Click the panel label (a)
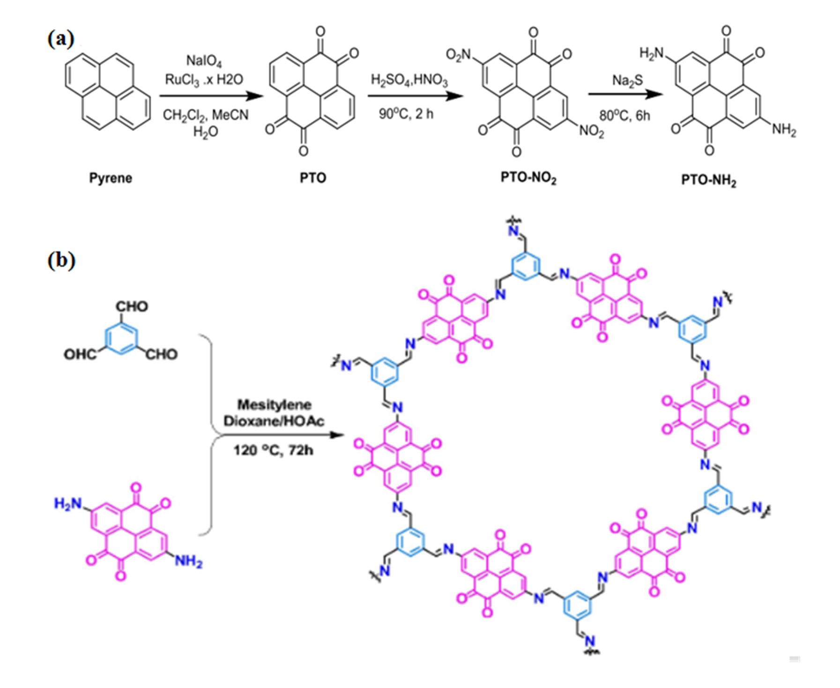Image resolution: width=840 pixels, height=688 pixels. tap(61, 39)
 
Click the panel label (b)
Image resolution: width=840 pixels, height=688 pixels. tap(61, 260)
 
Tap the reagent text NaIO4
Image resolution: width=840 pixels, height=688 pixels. tap(204, 61)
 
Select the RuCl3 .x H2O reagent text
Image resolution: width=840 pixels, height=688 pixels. tap(204, 80)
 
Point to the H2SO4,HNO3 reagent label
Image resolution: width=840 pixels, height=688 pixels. tap(409, 80)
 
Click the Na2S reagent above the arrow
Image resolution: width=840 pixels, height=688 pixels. tap(627, 81)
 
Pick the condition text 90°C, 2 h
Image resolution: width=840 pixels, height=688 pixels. tap(406, 114)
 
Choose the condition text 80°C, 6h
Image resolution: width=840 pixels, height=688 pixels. tap(624, 115)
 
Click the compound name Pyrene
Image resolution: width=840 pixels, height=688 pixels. tap(111, 178)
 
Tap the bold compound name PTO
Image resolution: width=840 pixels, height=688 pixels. tap(312, 178)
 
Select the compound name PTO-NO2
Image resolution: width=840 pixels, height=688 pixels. tap(528, 178)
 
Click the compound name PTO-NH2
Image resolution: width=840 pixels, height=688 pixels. tap(708, 180)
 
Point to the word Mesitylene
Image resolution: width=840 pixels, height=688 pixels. tap(274, 405)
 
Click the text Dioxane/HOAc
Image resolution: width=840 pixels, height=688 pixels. tap(274, 421)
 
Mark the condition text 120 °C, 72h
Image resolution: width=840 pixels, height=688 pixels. tap(273, 450)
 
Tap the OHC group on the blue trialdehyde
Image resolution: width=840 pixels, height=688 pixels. tap(80, 354)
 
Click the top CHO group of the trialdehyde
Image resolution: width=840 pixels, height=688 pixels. tap(132, 306)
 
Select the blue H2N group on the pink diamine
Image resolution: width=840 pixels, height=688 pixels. tap(67, 504)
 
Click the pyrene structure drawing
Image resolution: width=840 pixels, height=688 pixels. tap(108, 92)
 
